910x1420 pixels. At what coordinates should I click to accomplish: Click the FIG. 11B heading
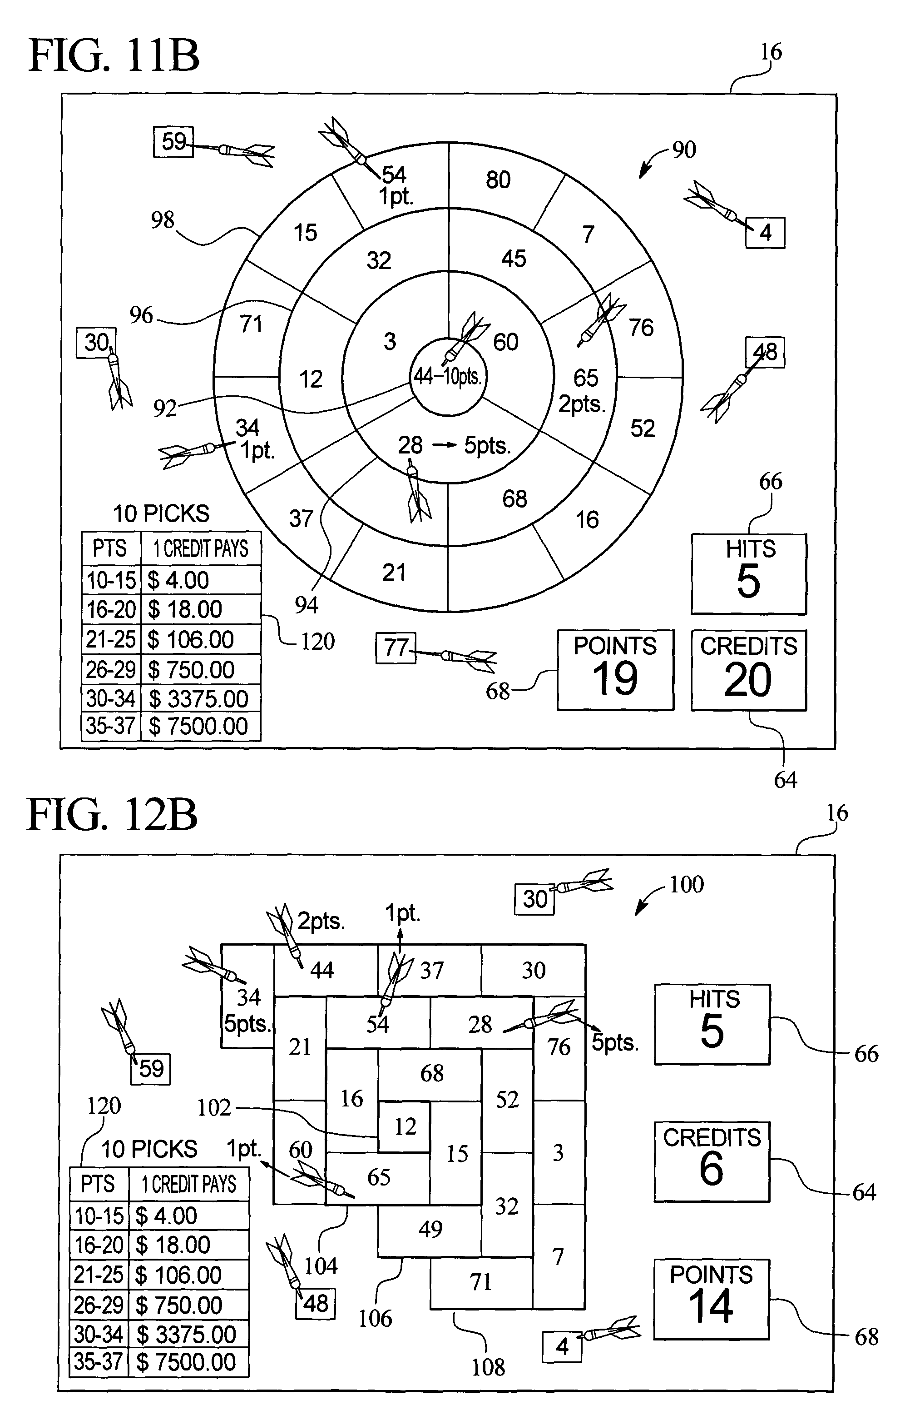pos(114,55)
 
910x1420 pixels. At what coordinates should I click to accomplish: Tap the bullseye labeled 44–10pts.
pos(447,375)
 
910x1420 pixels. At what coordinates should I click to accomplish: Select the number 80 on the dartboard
pos(498,180)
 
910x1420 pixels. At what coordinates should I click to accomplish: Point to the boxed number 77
pos(396,648)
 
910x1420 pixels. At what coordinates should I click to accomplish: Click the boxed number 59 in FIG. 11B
pos(174,142)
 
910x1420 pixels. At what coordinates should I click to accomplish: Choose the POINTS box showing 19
pos(615,670)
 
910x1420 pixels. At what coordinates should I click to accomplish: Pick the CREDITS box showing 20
pos(749,670)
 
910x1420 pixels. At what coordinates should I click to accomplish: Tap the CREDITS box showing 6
pos(712,1161)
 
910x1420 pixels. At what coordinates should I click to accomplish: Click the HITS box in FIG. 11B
pos(749,574)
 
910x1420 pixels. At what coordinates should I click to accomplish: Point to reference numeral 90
pos(684,149)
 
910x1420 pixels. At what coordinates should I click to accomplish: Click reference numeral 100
pos(687,884)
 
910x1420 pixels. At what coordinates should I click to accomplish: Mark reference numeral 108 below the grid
pos(488,1367)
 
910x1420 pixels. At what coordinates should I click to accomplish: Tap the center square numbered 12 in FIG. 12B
pos(404,1127)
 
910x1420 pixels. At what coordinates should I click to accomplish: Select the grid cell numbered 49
pos(430,1229)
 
